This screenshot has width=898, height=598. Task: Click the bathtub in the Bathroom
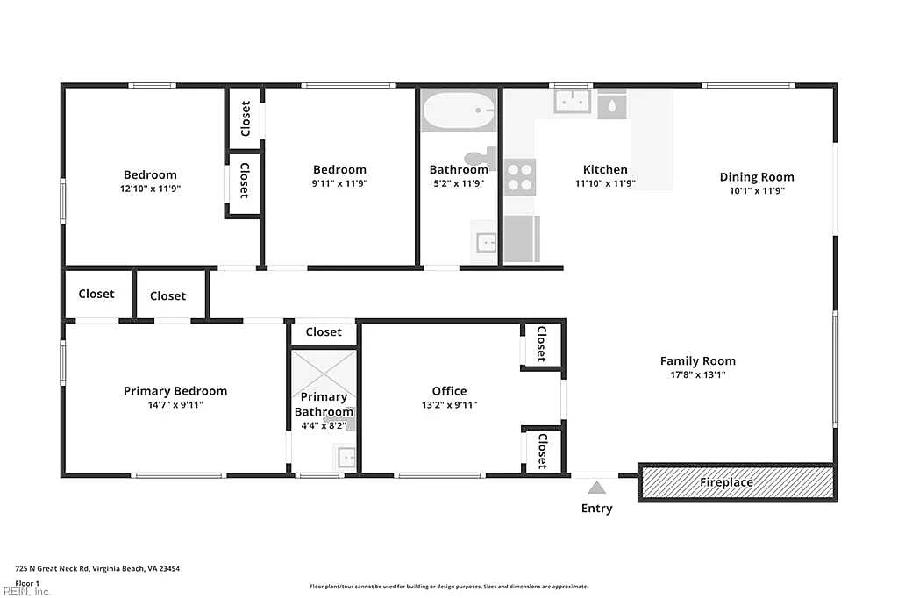[x=459, y=110]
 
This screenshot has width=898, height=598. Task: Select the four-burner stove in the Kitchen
[x=520, y=177]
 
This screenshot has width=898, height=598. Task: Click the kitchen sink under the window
[x=572, y=102]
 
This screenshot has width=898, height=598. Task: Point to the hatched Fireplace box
[x=738, y=482]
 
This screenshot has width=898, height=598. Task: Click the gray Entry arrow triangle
[x=596, y=488]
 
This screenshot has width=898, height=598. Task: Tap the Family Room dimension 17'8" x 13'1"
[x=697, y=375]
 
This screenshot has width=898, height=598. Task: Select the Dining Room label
[x=757, y=177]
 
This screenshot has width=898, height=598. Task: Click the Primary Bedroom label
[x=175, y=391]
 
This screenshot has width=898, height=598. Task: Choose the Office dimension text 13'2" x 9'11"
[x=449, y=405]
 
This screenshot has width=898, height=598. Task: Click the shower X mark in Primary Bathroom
[x=324, y=374]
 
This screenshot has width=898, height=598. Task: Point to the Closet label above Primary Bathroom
[x=324, y=332]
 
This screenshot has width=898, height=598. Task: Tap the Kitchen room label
[x=605, y=169]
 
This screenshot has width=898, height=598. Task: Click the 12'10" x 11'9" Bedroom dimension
[x=150, y=189]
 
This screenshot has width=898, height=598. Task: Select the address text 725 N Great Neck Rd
[x=52, y=569]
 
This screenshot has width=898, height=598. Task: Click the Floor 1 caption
[x=27, y=584]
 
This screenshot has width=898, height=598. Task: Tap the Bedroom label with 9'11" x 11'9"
[x=339, y=169]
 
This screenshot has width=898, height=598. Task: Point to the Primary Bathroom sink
[x=346, y=458]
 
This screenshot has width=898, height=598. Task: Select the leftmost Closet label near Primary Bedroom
[x=96, y=294]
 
